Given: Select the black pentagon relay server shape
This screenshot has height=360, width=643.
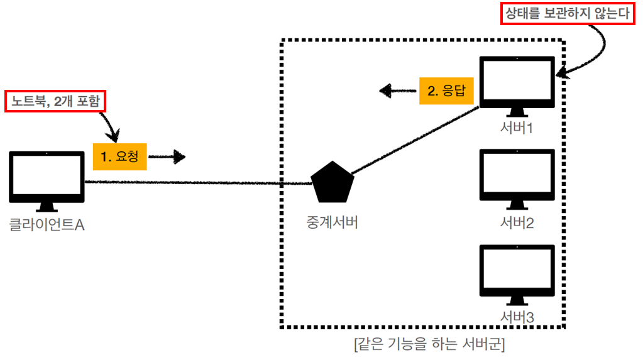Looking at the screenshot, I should pyautogui.click(x=333, y=183).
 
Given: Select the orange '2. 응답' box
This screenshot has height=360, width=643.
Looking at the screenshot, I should pyautogui.click(x=446, y=90).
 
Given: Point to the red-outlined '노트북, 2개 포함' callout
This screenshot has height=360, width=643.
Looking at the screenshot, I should pyautogui.click(x=55, y=101).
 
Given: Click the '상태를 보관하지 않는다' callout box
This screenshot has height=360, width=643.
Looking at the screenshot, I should pyautogui.click(x=568, y=13).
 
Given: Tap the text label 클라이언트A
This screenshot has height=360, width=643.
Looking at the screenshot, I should pyautogui.click(x=47, y=224).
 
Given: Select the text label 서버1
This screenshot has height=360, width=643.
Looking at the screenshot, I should pyautogui.click(x=517, y=128).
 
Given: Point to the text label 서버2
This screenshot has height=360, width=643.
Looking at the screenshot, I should pyautogui.click(x=517, y=222).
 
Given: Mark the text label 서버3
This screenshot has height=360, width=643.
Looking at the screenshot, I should pyautogui.click(x=517, y=317).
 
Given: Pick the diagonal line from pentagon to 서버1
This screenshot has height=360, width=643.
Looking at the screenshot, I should pyautogui.click(x=415, y=141).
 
